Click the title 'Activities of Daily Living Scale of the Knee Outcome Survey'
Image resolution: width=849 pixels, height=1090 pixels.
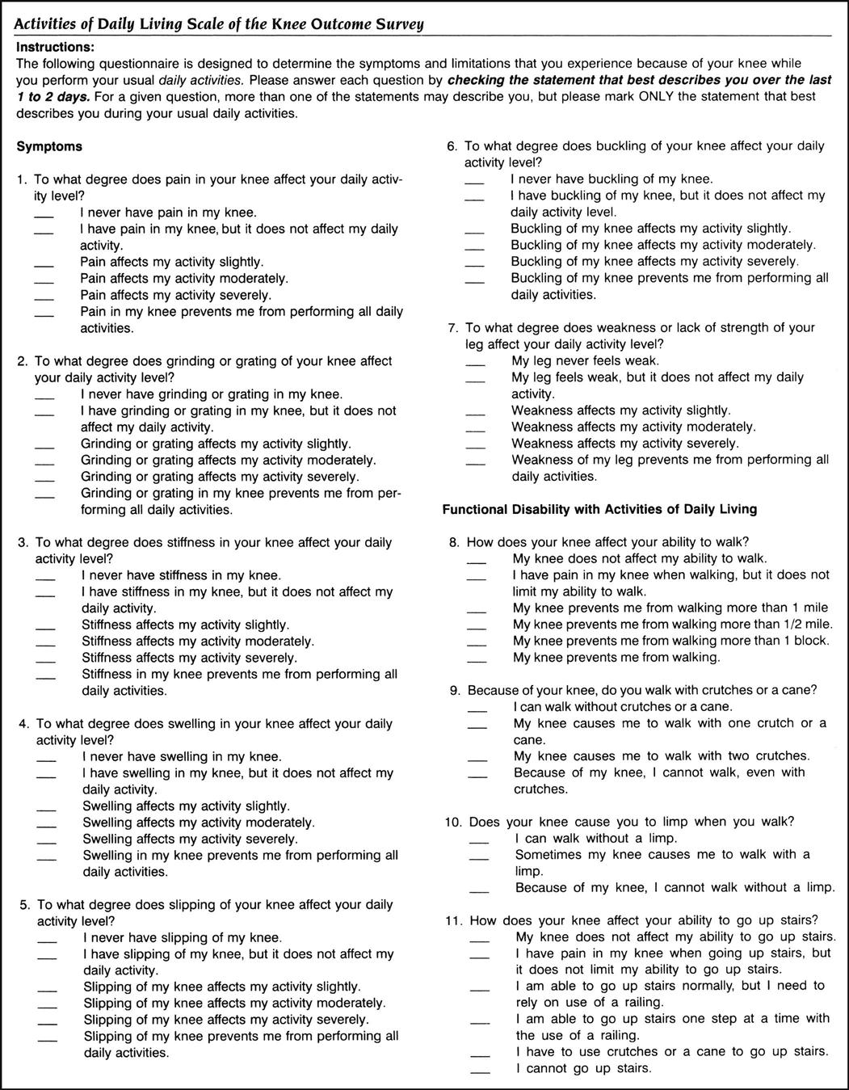pyautogui.click(x=219, y=24)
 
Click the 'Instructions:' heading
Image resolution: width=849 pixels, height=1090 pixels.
pyautogui.click(x=55, y=48)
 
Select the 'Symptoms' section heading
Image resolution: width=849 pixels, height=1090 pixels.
pyautogui.click(x=49, y=146)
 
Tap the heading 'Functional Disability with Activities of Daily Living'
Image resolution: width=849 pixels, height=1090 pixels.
pyautogui.click(x=599, y=509)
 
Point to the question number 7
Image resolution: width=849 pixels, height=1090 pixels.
pyautogui.click(x=453, y=328)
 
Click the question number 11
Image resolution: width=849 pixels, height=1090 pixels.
pyautogui.click(x=452, y=920)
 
